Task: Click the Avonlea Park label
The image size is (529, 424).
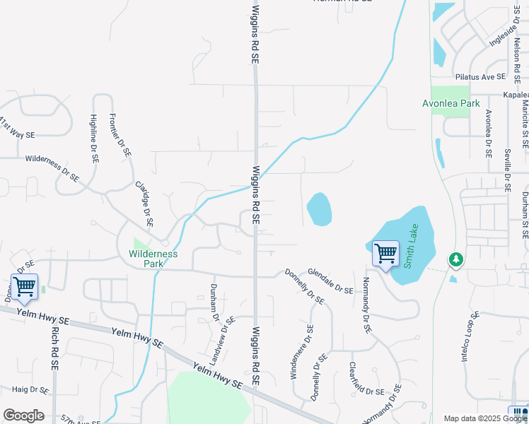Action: (450, 103)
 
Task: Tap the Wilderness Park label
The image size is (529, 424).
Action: (153, 258)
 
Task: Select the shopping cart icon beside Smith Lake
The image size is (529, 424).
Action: (385, 254)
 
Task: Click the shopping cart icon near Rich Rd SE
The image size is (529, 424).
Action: (24, 287)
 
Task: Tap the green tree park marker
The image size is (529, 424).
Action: (456, 259)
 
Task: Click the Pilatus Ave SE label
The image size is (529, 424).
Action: (480, 76)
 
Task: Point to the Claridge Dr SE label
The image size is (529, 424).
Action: (144, 203)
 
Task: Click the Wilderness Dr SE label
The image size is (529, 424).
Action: (52, 165)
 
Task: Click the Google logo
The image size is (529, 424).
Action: (23, 416)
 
